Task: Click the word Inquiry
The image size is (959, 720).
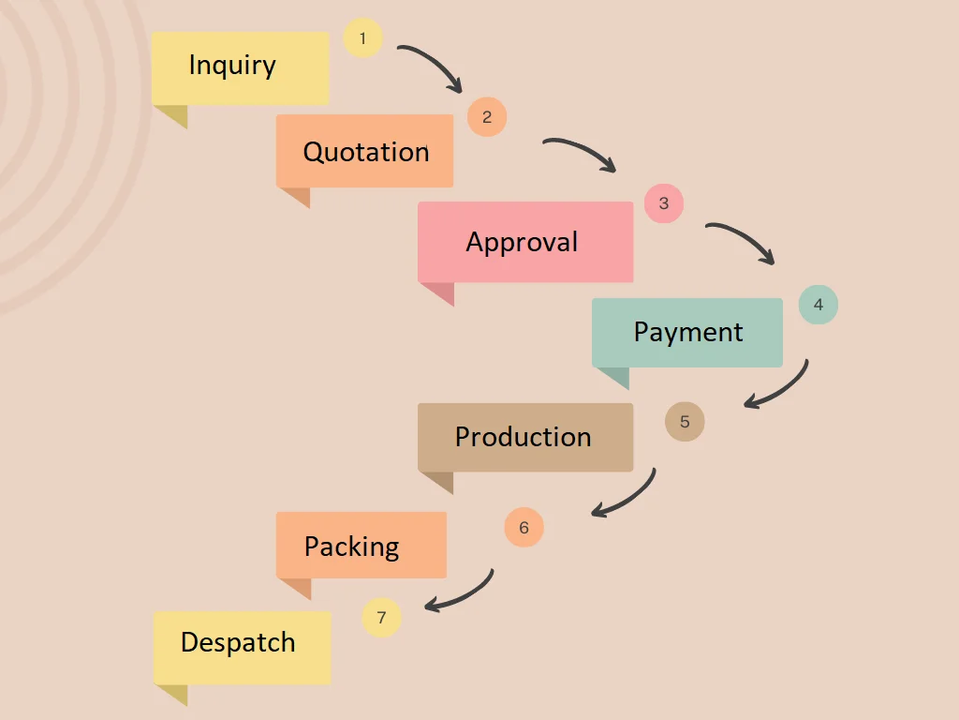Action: [x=232, y=66]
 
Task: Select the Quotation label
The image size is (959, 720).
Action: [x=366, y=152]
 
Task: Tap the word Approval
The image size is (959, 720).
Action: [x=522, y=242]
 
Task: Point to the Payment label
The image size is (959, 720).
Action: [x=688, y=332]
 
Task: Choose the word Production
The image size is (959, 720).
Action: [x=523, y=437]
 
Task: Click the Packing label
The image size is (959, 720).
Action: [x=351, y=547]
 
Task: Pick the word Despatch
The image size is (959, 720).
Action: [x=238, y=643]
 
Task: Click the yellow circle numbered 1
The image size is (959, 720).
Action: [x=363, y=38]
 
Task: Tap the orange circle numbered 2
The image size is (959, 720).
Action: [x=487, y=117]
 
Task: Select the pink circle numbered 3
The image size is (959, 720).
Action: [x=664, y=203]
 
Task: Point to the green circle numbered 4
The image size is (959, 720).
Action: [x=818, y=305]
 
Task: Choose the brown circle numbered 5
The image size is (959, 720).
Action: [x=685, y=422]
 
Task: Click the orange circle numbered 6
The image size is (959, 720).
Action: [x=524, y=528]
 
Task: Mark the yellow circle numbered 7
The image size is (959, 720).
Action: [x=381, y=618]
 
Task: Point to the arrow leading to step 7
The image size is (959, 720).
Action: [x=465, y=594]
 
